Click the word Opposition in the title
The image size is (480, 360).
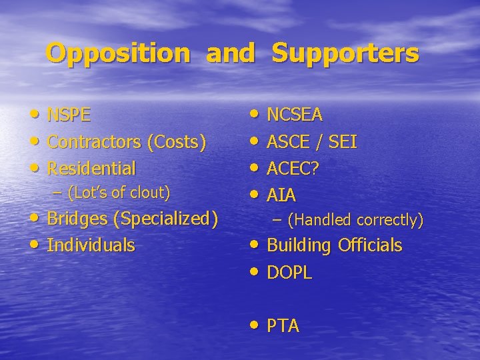118,53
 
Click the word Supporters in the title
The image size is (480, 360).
345,53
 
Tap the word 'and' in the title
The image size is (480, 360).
231,53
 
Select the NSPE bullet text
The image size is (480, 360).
69,115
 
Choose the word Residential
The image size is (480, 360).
91,168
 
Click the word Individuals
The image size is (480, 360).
91,245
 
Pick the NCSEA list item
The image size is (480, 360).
295,115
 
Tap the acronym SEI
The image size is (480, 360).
343,142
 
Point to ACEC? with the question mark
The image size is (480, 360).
293,169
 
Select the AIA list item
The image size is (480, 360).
281,195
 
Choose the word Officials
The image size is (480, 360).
370,245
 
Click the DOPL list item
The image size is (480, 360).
289,273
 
